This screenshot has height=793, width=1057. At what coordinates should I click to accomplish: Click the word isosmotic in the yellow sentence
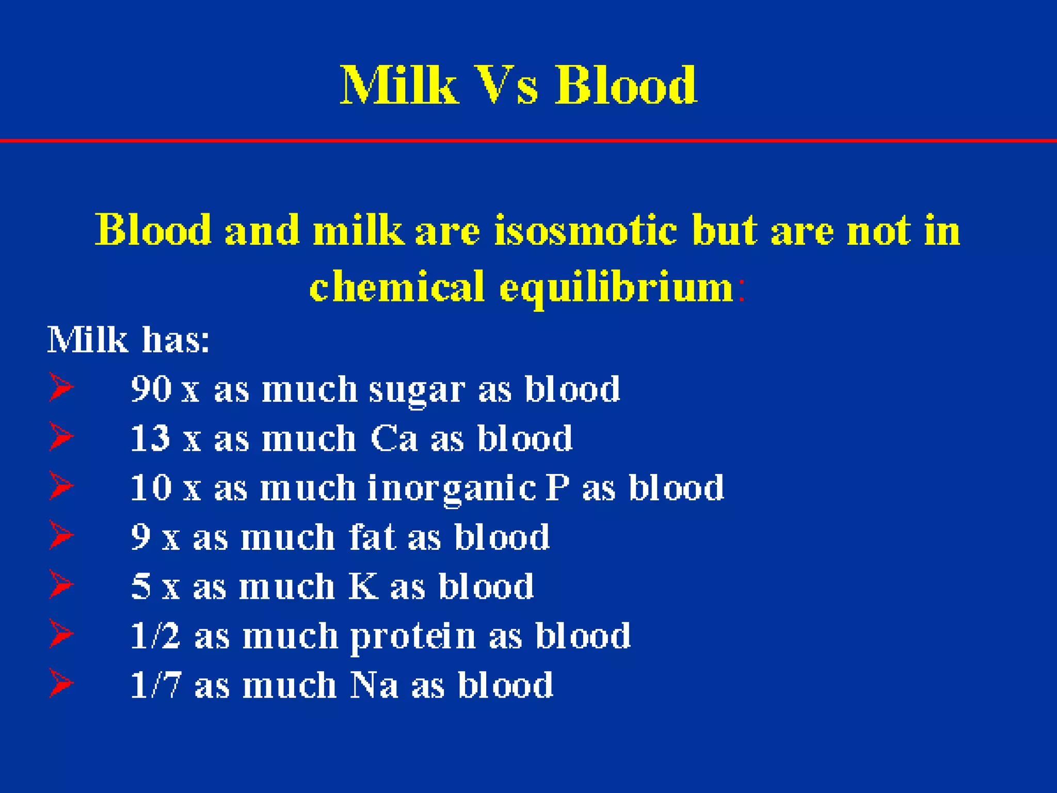(585, 230)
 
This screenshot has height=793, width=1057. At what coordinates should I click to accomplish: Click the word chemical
(397, 287)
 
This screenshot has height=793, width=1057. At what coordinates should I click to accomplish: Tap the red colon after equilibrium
(742, 290)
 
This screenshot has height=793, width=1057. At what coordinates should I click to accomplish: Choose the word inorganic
(451, 488)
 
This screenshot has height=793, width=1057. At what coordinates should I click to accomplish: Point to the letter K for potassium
(363, 586)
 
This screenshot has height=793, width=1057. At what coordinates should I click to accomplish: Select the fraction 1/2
(155, 636)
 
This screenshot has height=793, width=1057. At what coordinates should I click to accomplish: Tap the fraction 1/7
(155, 685)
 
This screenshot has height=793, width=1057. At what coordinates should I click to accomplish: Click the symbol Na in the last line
(374, 685)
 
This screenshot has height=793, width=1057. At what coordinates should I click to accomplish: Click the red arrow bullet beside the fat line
(61, 535)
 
